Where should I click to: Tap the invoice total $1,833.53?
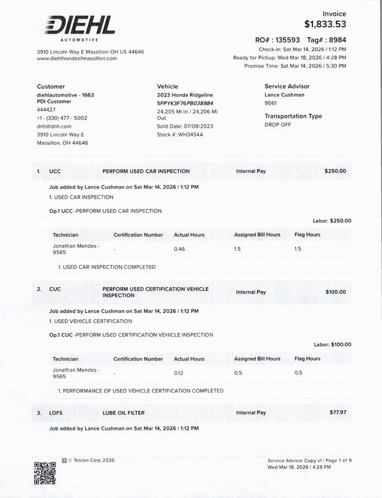click(x=325, y=24)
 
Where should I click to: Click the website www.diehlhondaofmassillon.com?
click(x=77, y=59)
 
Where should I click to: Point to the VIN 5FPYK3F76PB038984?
click(x=185, y=103)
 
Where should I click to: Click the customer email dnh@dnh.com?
click(x=54, y=126)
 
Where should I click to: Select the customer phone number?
click(x=62, y=118)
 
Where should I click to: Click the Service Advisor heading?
click(x=287, y=87)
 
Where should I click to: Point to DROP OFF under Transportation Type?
click(x=277, y=125)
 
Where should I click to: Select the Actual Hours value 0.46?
click(x=180, y=249)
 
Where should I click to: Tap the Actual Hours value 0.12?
click(x=180, y=373)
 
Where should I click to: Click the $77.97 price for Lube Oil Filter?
click(x=338, y=413)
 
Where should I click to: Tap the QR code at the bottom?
click(x=45, y=473)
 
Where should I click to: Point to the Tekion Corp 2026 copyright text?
click(x=91, y=461)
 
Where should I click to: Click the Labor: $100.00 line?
click(x=332, y=344)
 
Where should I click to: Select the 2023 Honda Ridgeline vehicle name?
click(x=185, y=95)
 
